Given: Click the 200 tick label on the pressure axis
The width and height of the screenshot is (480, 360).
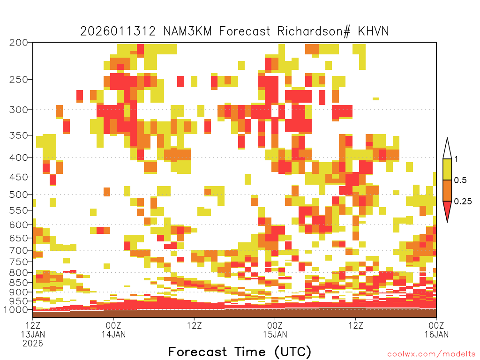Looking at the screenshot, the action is [x=18, y=43].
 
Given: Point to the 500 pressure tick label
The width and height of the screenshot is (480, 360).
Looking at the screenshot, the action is [x=18, y=195].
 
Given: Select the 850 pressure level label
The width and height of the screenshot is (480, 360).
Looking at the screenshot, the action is [x=18, y=283].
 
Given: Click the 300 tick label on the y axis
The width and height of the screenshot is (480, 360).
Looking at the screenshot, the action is [x=18, y=110].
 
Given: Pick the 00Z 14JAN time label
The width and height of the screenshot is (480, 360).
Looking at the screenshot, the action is [x=113, y=330].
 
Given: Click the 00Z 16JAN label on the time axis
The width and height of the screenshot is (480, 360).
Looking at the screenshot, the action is [x=436, y=330].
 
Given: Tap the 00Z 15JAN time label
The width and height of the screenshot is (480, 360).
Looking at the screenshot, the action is [x=275, y=330].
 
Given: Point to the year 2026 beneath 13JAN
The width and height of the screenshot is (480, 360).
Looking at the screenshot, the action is [x=33, y=344].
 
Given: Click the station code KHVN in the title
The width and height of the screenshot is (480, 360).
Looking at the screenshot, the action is [x=373, y=31].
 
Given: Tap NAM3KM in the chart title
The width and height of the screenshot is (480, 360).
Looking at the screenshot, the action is [x=187, y=31].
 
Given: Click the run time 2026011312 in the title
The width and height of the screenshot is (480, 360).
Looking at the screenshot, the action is [x=118, y=31].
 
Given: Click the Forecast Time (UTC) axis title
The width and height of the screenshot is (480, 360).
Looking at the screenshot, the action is [x=240, y=352].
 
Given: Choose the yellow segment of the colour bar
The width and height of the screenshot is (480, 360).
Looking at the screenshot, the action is [x=447, y=169].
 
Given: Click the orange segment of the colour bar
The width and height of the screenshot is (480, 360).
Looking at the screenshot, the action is [x=447, y=190].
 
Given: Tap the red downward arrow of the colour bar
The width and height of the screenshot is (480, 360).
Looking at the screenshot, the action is [x=447, y=210].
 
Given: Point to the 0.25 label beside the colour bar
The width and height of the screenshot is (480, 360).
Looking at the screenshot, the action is [x=463, y=202].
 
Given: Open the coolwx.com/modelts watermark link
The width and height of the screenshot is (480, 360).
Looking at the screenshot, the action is [x=432, y=354].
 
